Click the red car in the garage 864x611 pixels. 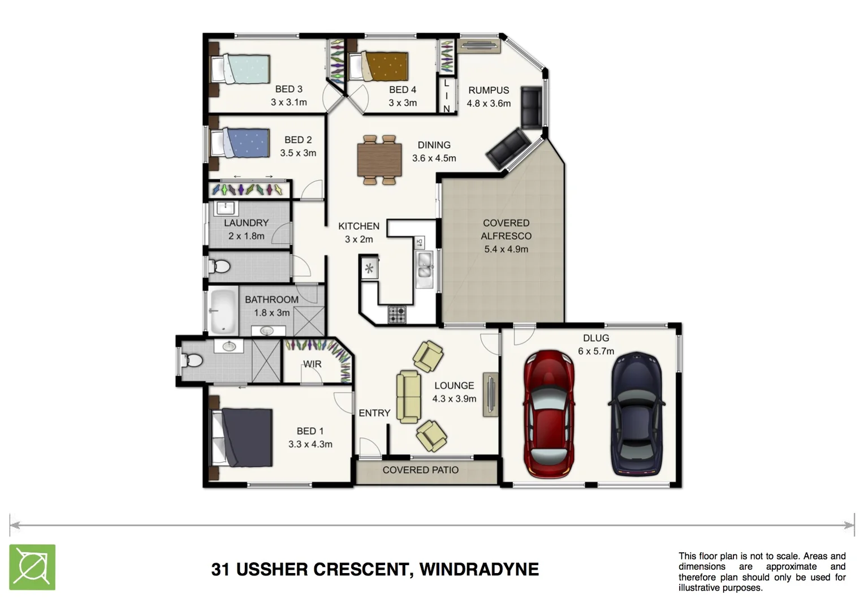click(x=549, y=414)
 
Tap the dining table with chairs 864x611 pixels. click(x=379, y=160)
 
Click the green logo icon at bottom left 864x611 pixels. click(x=32, y=567)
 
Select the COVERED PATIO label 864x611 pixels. click(x=420, y=470)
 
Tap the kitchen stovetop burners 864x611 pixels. click(x=397, y=315)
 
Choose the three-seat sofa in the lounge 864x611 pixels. click(x=408, y=397)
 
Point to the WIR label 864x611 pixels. click(x=312, y=364)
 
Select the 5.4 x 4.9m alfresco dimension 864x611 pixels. click(x=506, y=249)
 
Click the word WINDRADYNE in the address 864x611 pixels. click(x=479, y=569)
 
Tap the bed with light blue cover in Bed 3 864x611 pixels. click(x=240, y=69)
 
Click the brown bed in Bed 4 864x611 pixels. click(x=379, y=67)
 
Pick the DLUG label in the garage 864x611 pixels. click(x=596, y=338)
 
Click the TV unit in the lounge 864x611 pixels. click(x=490, y=395)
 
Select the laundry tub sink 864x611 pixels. click(x=226, y=208)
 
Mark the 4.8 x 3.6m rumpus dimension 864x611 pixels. click(x=489, y=104)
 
